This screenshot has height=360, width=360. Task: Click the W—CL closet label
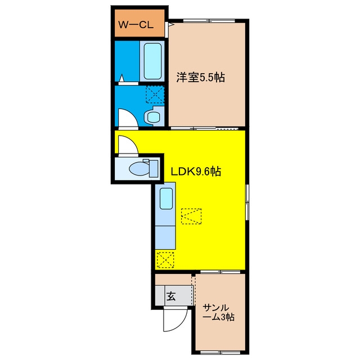point(136,25)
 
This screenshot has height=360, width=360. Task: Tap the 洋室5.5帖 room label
point(201,77)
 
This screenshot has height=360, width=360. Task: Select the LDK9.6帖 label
point(196,171)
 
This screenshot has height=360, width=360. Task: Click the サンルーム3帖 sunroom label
point(219,313)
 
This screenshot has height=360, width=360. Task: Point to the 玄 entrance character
point(171,296)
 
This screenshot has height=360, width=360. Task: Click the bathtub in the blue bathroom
point(152,61)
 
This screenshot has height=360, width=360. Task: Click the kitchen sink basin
point(166,199)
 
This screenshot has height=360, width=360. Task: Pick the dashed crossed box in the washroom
point(155,94)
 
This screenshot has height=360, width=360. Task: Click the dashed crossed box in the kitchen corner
point(165,260)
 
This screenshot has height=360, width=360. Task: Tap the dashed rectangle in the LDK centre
point(191,216)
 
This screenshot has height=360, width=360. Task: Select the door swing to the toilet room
point(128,145)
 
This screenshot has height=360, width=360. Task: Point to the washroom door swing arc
point(128,118)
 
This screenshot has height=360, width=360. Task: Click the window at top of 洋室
point(209,21)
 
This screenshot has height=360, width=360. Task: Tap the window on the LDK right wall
point(247,202)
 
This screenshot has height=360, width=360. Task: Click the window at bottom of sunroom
point(220,352)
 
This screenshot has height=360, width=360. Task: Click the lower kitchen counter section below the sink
point(165,237)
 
